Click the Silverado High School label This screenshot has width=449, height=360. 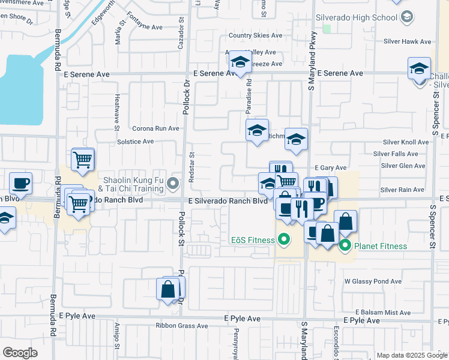(x=359, y=17)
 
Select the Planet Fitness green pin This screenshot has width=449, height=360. (x=345, y=245)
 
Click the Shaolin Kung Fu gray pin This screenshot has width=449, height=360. (x=174, y=182)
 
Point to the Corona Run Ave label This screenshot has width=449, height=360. (x=155, y=128)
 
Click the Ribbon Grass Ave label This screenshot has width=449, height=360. (x=181, y=326)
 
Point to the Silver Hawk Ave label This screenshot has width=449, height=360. (x=408, y=42)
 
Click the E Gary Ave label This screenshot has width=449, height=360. (x=331, y=168)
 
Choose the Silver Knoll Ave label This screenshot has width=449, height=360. (x=405, y=142)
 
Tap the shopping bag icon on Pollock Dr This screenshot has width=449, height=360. (x=167, y=289)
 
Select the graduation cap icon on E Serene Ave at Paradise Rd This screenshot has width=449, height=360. (x=240, y=62)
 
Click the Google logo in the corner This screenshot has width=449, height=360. (x=20, y=353)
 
